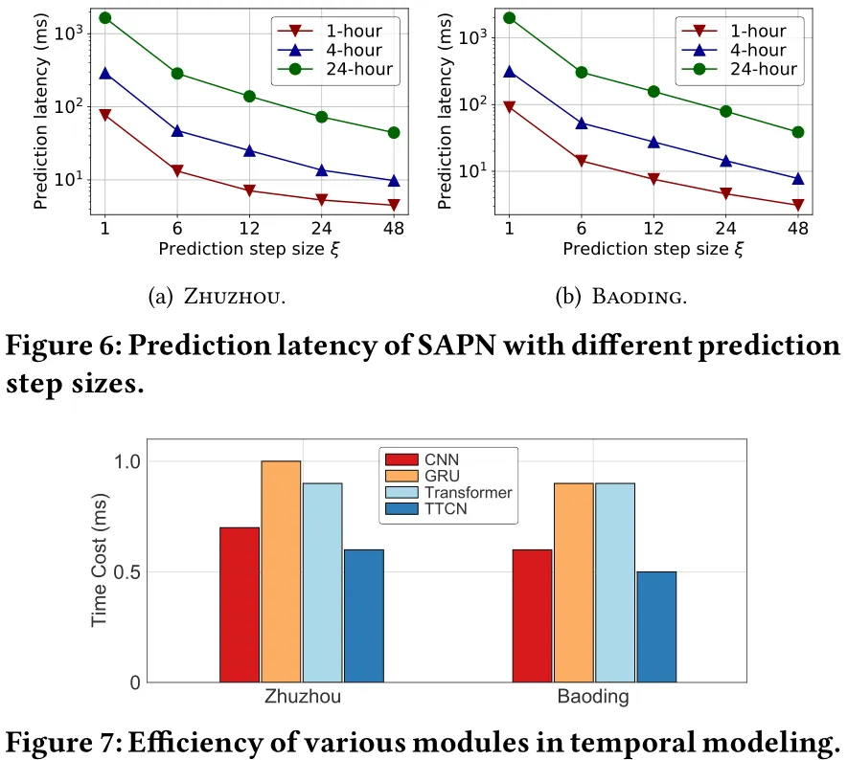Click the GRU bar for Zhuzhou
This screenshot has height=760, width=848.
pos(281,571)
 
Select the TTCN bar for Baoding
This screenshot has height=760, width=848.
pos(656,627)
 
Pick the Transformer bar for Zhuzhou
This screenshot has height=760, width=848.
pos(322,582)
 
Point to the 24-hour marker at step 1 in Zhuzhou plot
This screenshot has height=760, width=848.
pos(105,18)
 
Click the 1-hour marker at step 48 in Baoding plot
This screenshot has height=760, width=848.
pos(798,205)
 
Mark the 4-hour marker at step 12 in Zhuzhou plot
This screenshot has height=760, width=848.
pos(249,150)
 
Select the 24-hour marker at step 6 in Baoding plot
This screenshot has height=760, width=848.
pos(582,72)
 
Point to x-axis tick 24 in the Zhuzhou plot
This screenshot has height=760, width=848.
pos(321,229)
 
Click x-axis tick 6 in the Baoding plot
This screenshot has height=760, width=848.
pos(582,229)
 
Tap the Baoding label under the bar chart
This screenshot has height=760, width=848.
pos(593,697)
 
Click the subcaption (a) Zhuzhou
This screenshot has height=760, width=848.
pos(218,297)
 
